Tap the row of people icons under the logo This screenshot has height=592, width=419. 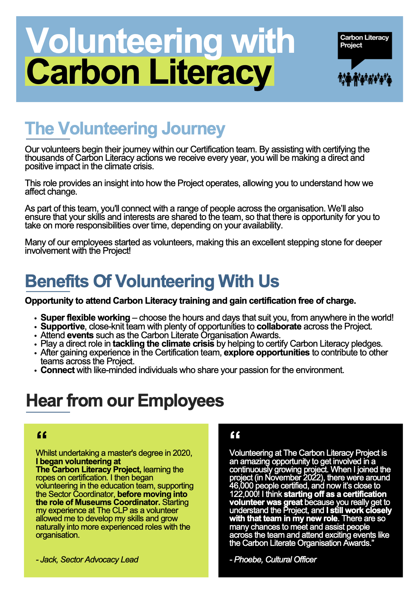tap(364, 79)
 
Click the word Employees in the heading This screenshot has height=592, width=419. tap(181, 401)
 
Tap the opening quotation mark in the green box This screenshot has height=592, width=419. tap(42, 436)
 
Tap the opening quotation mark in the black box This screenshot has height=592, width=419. tap(235, 436)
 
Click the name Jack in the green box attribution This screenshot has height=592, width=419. tap(48, 560)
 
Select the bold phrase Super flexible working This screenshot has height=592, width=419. tap(85, 317)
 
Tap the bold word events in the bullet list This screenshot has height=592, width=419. tap(80, 335)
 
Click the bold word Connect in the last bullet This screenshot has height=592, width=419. tap(57, 370)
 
